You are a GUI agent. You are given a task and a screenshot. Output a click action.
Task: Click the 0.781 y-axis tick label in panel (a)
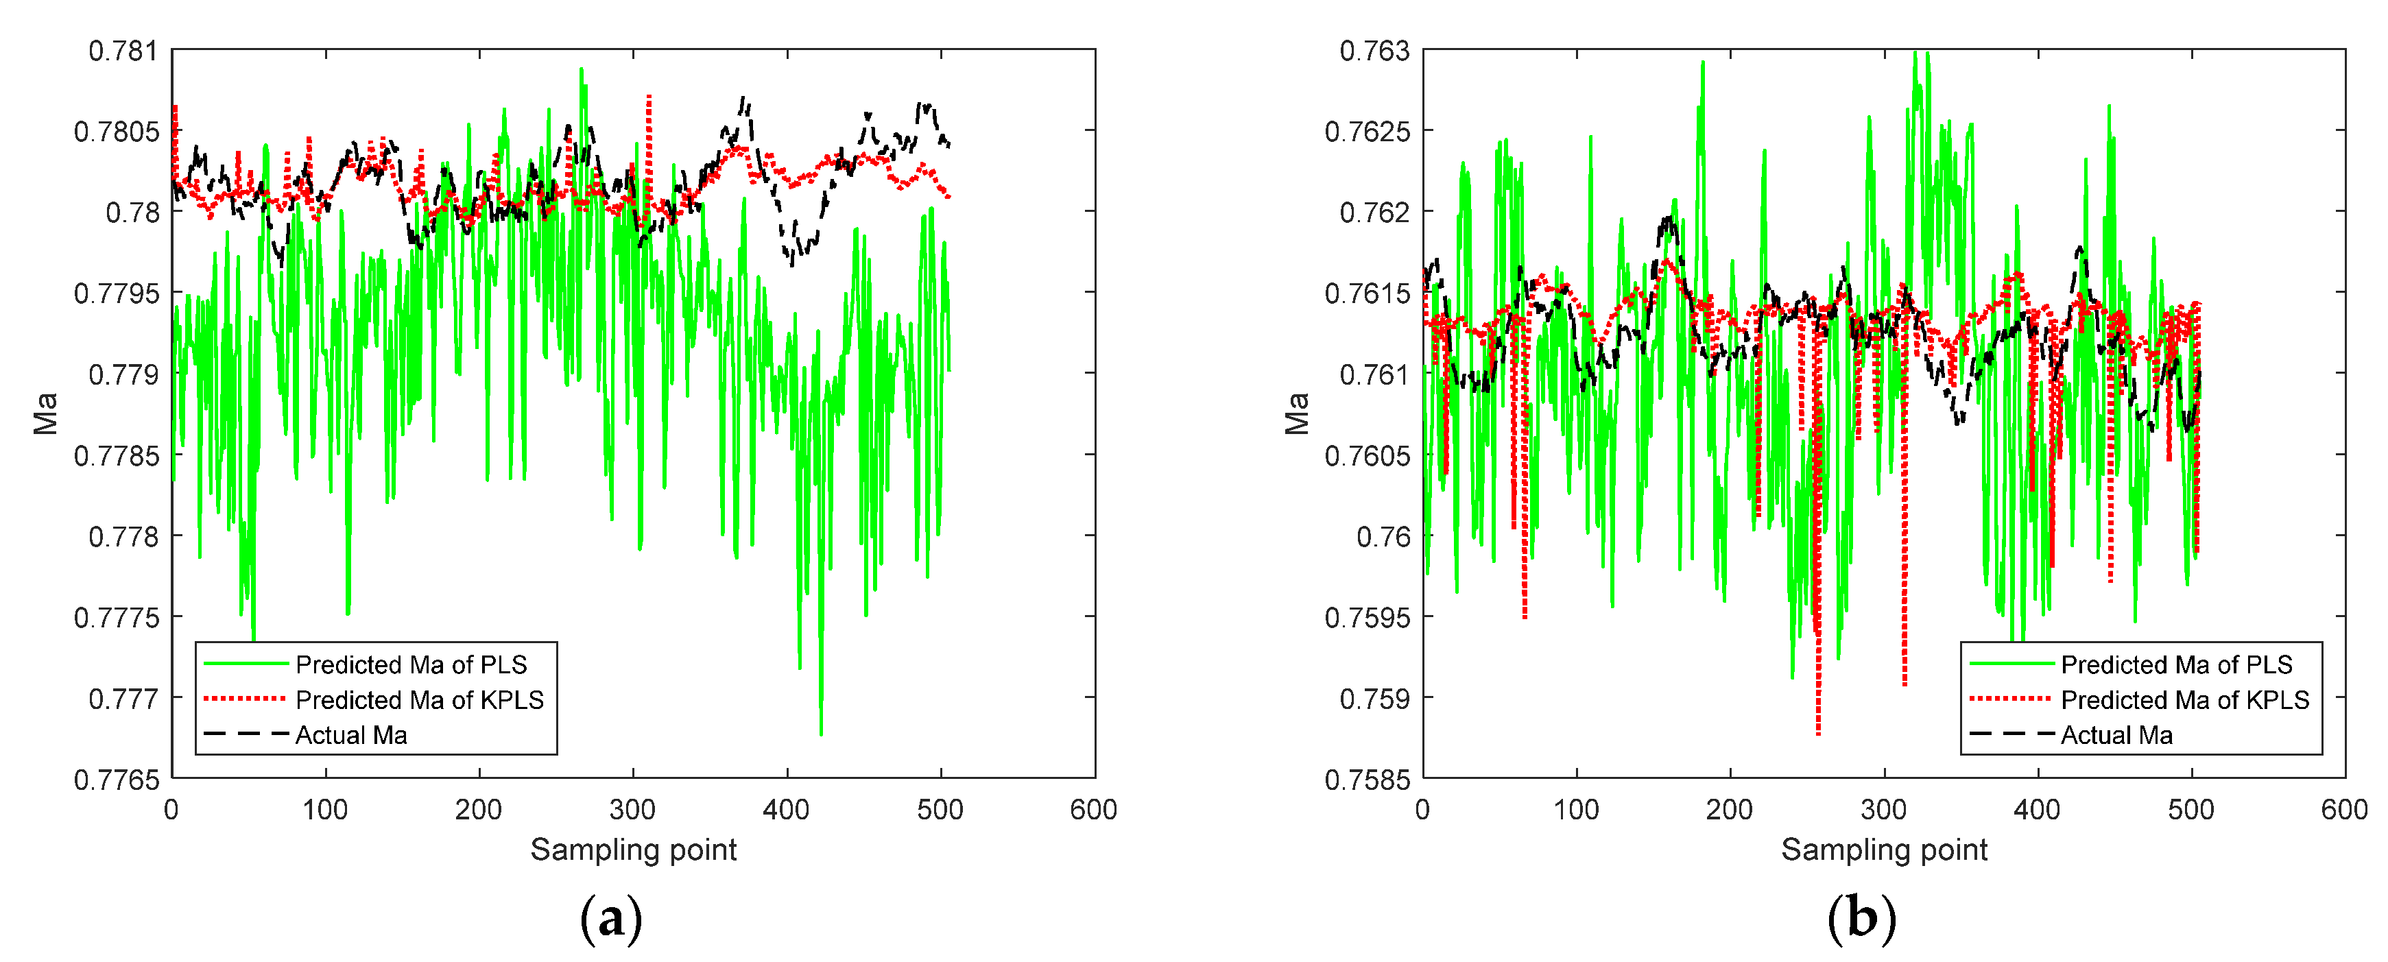click(123, 51)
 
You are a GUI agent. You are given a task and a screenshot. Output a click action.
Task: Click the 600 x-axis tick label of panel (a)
click(1093, 810)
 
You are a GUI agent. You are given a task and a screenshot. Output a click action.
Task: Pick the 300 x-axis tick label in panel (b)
click(1884, 810)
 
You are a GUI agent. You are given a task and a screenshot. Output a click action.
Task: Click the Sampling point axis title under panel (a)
click(633, 850)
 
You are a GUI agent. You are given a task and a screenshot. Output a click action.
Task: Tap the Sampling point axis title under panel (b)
click(1884, 850)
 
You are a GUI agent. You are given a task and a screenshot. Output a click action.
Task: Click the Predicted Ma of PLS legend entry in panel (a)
click(411, 664)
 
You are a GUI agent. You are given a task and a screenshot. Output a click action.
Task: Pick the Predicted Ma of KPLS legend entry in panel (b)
click(2184, 699)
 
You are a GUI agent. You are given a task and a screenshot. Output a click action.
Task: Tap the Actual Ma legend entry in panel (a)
click(351, 735)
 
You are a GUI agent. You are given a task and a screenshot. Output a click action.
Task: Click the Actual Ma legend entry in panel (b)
click(2116, 735)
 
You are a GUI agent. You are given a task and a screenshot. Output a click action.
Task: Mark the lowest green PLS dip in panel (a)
click(820, 734)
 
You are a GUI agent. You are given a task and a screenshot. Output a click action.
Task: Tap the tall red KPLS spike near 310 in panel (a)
click(649, 97)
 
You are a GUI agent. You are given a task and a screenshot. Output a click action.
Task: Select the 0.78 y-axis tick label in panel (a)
click(132, 213)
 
